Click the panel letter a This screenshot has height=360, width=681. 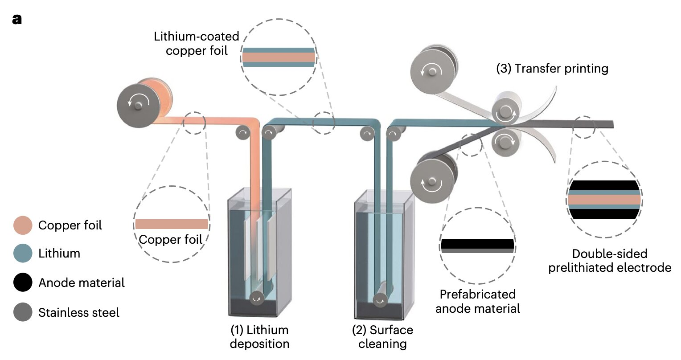click(17, 20)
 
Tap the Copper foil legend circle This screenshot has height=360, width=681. click(23, 225)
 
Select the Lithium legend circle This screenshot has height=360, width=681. click(23, 254)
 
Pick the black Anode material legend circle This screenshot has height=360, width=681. click(23, 282)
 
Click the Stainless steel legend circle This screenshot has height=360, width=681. click(23, 312)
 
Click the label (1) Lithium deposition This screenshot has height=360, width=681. click(259, 337)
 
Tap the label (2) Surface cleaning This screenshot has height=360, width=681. click(382, 337)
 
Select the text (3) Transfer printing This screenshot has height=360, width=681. click(552, 69)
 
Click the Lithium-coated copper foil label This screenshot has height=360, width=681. click(197, 43)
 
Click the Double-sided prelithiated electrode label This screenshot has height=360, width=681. click(610, 261)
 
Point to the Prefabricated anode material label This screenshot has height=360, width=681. click(478, 301)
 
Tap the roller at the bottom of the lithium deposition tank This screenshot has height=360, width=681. click(256, 299)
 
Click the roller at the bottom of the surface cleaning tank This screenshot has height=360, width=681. click(380, 301)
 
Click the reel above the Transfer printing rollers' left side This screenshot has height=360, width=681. click(431, 70)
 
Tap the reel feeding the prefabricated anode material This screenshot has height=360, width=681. click(431, 181)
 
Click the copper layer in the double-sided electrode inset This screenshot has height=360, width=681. click(604, 200)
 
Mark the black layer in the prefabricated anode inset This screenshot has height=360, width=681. click(477, 244)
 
